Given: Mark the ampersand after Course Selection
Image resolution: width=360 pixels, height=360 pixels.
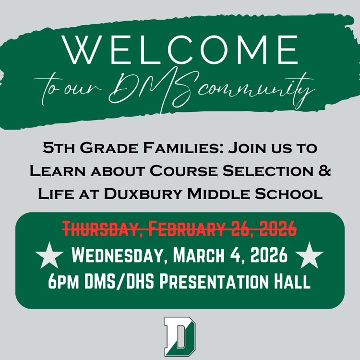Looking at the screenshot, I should [325, 171].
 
